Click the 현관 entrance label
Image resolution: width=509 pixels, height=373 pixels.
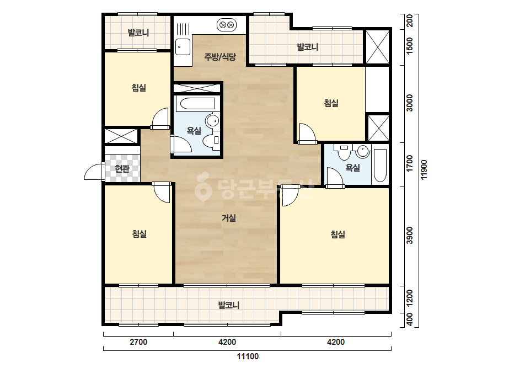[x=122, y=169]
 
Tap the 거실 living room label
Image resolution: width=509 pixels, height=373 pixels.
[x=229, y=218]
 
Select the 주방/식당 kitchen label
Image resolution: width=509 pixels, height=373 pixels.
[x=220, y=57]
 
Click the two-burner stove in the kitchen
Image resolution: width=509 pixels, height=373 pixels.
[x=227, y=25]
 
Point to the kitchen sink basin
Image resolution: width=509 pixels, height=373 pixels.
[x=183, y=46]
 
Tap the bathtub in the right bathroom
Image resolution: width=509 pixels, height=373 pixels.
[x=380, y=166]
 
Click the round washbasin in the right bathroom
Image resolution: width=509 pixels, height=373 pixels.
[x=363, y=151]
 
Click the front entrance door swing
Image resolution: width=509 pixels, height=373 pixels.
[x=94, y=172]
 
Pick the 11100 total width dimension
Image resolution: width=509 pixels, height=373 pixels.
[x=248, y=356]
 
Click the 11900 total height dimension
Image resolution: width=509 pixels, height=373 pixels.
[x=424, y=169]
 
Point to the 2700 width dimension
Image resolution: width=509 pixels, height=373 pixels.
[x=138, y=342]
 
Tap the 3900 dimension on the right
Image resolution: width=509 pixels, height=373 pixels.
[x=410, y=236]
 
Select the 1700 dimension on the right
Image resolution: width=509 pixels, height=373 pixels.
[x=410, y=164]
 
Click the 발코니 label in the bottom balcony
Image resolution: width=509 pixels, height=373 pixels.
[x=228, y=305]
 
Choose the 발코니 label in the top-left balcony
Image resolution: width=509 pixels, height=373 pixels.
[x=138, y=33]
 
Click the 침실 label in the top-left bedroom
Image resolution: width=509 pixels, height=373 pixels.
[x=139, y=87]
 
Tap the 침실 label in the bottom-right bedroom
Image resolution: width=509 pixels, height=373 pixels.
[x=338, y=235]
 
